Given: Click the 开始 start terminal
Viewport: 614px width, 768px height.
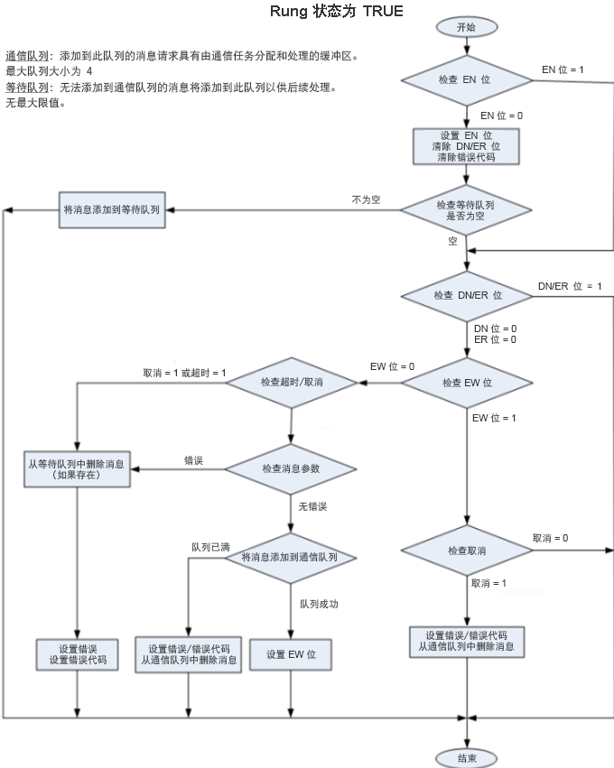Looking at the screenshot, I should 466,28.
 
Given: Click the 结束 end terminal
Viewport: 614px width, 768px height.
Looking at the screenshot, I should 466,755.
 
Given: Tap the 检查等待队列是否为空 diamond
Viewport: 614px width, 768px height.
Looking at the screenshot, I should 466,210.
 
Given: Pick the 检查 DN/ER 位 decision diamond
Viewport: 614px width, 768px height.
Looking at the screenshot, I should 466,296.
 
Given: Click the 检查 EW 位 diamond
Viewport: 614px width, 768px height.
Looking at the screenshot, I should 466,383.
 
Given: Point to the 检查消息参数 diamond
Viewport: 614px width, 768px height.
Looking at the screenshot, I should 291,468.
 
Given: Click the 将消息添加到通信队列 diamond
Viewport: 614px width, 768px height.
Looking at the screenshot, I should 291,558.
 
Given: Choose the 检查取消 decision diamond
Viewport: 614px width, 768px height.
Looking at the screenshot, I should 466,551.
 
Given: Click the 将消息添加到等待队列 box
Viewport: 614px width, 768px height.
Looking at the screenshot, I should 112,209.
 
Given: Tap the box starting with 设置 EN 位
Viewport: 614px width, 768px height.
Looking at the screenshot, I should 466,146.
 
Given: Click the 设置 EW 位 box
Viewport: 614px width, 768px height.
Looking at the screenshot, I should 290,654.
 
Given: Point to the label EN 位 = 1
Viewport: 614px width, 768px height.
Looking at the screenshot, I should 562,69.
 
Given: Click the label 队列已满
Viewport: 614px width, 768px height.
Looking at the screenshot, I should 210,547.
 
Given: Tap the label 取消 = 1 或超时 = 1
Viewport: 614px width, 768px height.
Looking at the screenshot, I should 184,373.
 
